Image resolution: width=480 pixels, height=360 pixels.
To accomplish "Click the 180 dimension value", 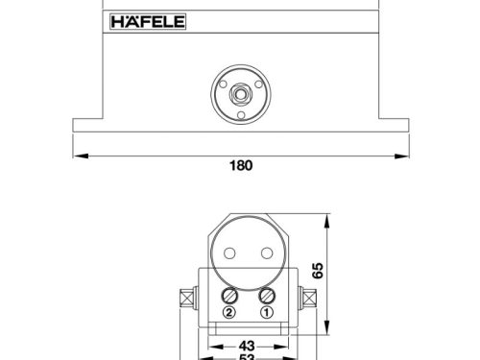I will click(x=241, y=165).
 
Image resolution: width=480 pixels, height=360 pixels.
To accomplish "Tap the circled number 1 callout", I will click(x=268, y=312).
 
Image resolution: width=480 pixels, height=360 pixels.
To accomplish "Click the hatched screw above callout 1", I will click(x=268, y=296).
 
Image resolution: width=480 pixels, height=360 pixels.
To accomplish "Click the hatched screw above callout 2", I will click(x=230, y=296).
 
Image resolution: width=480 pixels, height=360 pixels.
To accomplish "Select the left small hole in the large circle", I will click(x=230, y=254).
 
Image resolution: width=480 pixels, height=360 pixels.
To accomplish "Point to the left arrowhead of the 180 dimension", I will click(x=78, y=154).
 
